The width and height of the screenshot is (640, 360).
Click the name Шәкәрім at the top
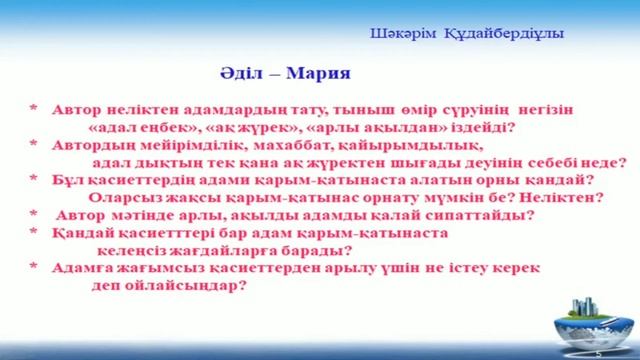point(399,35)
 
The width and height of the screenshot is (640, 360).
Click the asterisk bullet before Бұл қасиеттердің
point(33,180)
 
